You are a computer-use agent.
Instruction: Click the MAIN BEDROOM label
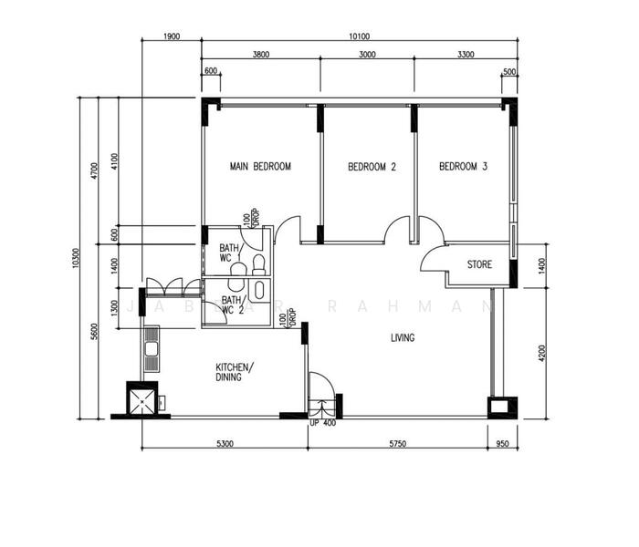pos(260,167)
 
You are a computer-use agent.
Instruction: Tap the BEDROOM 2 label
pos(372,167)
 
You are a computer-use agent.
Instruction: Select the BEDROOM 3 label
pos(463,167)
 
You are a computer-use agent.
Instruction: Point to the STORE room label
pos(479,265)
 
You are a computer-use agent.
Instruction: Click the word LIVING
pos(403,338)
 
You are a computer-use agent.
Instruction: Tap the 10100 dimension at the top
pos(358,37)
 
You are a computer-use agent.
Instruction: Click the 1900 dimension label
pos(171,37)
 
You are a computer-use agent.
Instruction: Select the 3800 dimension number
pos(260,55)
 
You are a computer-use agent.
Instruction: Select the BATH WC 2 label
pos(233,304)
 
